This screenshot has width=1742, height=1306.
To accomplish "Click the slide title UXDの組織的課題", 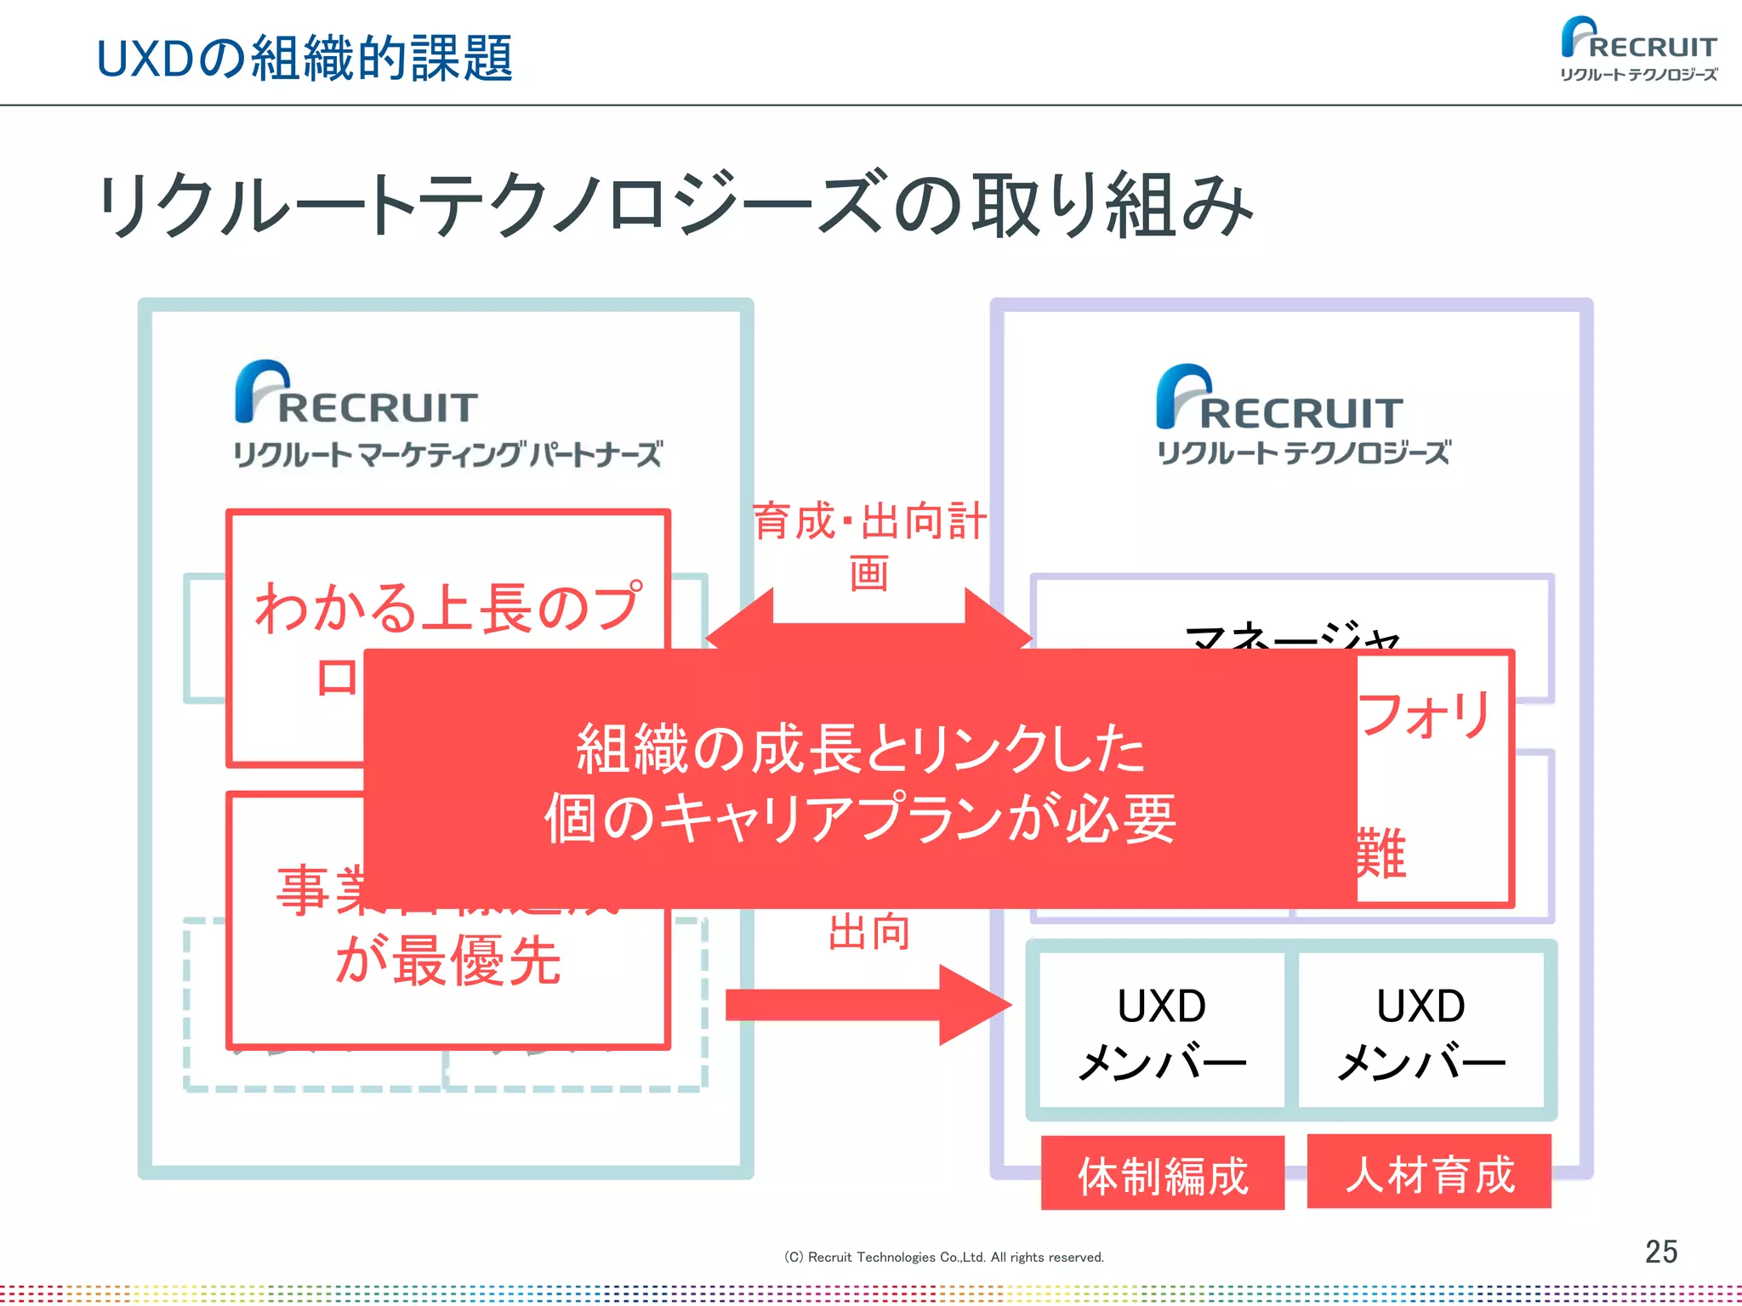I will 305,59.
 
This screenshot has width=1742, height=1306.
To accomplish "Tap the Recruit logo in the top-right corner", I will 1638,49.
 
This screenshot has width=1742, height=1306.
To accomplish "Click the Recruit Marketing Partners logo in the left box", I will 447,415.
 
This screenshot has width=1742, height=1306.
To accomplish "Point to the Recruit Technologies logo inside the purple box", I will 1302,416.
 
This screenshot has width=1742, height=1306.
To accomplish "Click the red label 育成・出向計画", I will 869,544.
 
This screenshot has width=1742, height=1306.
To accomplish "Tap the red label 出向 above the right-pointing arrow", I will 869,932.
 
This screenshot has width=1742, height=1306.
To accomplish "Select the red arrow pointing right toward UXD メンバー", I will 868,1004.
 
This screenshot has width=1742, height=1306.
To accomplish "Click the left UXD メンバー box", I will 1162,1031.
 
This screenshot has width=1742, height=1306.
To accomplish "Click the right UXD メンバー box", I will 1420,1031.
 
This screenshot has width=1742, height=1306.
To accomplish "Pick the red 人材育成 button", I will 1429,1173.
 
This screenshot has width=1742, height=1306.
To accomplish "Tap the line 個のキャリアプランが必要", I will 860,819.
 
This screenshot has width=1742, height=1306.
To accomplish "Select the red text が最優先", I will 448,961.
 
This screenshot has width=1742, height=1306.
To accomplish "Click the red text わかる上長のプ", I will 448,607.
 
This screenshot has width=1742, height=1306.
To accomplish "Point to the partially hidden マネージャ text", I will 1293,636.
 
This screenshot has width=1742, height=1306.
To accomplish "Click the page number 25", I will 1660,1252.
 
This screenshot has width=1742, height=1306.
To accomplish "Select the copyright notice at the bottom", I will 943,1257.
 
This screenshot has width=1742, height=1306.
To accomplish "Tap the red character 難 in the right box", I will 1381,853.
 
